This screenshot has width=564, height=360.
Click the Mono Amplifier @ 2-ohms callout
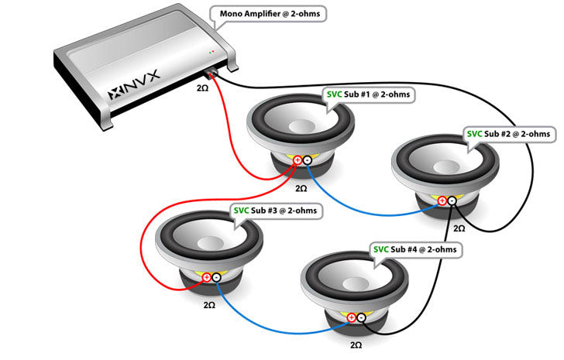click(x=267, y=15)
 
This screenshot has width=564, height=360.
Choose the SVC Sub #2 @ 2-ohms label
click(x=511, y=134)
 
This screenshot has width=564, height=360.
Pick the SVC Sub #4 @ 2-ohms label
click(x=417, y=249)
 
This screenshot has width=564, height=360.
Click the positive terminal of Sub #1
click(x=297, y=160)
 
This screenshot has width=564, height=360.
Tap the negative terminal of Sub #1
click(x=307, y=160)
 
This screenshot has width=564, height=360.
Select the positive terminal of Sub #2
click(x=442, y=201)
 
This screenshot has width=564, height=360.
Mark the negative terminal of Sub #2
click(x=452, y=201)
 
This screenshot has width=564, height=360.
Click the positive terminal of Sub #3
click(x=206, y=276)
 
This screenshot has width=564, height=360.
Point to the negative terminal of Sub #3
click(x=216, y=276)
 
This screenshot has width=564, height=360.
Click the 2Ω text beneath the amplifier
click(x=202, y=89)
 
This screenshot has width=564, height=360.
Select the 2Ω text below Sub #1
click(x=301, y=187)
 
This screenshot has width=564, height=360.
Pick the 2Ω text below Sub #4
click(x=356, y=344)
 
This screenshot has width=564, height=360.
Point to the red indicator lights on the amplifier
click(x=211, y=53)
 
